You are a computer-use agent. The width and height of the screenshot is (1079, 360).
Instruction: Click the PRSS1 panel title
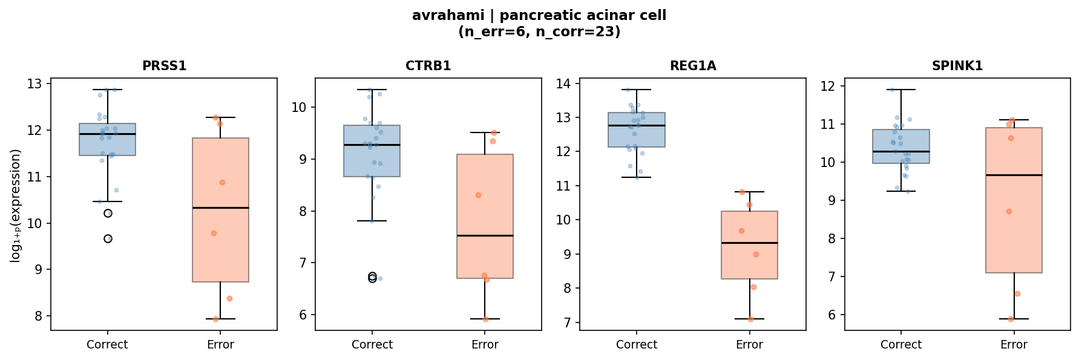point(164,66)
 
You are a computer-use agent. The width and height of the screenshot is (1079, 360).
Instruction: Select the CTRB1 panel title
point(428,66)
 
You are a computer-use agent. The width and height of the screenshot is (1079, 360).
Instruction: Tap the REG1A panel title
point(692,66)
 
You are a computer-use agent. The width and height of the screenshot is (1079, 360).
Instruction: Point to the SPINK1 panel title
point(957,66)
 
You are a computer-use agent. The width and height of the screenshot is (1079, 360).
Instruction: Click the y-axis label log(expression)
point(16,206)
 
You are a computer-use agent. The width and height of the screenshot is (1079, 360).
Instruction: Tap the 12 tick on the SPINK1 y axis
point(828,86)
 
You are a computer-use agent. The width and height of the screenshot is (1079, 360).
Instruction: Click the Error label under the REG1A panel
point(749,344)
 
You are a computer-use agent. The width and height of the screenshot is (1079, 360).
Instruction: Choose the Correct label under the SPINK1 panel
point(900,344)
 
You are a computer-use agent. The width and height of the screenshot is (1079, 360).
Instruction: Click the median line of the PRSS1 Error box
point(220,208)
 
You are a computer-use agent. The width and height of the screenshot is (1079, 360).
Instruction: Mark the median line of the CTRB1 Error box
point(485,235)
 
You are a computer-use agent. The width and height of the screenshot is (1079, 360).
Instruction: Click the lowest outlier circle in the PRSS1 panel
point(108,238)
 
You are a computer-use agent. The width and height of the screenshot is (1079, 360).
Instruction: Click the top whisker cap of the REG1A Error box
point(749,192)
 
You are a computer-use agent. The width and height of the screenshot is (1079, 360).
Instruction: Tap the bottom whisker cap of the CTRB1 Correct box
point(372,221)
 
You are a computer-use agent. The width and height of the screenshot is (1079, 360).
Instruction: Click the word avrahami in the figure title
point(441,16)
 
